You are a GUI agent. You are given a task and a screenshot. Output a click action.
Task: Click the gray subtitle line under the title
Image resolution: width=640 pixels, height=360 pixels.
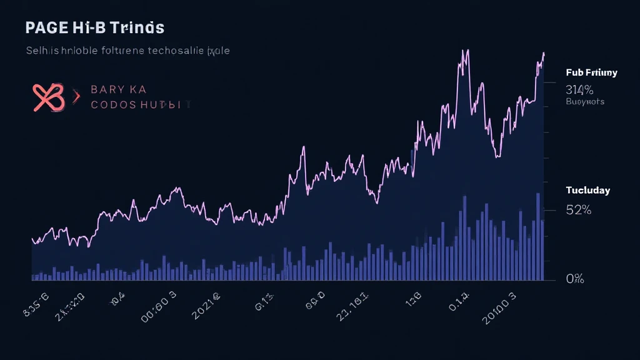pos(127,50)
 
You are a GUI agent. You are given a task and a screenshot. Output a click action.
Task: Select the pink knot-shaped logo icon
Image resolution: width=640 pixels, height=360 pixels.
pos(48,97)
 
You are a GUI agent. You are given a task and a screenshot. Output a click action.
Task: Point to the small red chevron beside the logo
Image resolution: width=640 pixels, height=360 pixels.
pos(77,97)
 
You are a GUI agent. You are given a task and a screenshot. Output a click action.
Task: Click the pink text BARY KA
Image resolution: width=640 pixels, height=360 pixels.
pos(118,89)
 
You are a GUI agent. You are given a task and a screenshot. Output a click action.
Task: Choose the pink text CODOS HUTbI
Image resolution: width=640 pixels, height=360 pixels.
pos(136,104)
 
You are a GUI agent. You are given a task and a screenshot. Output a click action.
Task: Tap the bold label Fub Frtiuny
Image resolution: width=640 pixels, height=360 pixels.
pos(591,72)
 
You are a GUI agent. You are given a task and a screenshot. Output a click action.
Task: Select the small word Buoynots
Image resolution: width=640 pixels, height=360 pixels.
pos(585,101)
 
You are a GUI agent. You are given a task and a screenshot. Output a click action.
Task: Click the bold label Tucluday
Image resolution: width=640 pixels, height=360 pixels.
pos(587,190)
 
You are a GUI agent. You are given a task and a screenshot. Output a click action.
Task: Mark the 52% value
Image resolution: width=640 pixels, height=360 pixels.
pos(578,210)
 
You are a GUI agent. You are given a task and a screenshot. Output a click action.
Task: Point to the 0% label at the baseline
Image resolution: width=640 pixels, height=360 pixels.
pos(574,279)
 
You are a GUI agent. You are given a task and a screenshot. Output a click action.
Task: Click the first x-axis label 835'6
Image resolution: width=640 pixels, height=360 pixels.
pos(36,301)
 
